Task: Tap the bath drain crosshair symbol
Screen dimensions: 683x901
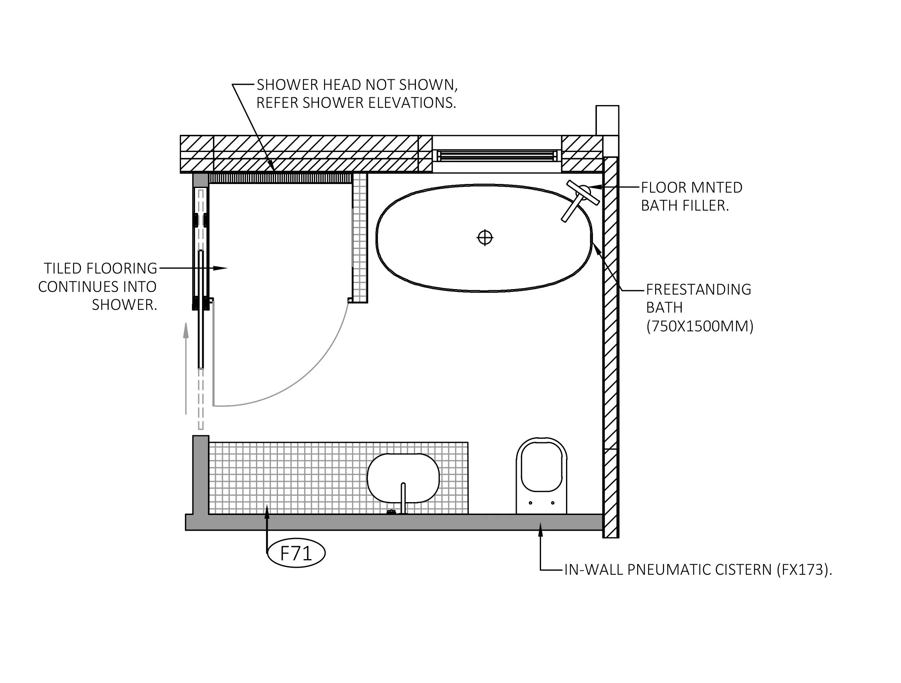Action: [x=485, y=238]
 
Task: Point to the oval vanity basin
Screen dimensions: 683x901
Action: [x=403, y=477]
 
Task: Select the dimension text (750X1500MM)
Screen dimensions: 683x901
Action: [x=699, y=326]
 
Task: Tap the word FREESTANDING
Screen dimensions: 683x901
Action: [x=699, y=290]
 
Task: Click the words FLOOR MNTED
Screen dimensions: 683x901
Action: [x=691, y=188]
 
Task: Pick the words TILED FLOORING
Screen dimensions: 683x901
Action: [x=100, y=269]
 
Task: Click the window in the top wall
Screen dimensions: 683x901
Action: [x=496, y=156]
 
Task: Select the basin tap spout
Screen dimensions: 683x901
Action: [x=403, y=497]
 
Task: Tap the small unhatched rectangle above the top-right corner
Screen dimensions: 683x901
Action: [x=607, y=120]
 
